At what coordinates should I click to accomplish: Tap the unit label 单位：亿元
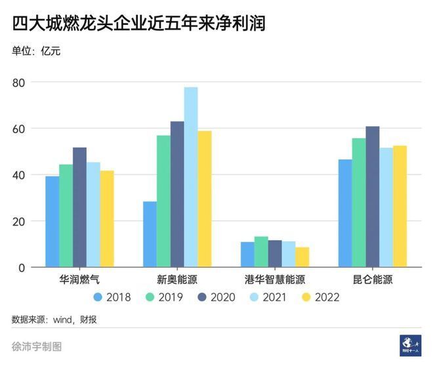(x=36, y=51)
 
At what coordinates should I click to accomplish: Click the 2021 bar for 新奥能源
(x=191, y=177)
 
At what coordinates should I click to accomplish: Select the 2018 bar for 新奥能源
(x=150, y=234)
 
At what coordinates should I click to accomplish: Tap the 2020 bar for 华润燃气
(x=79, y=207)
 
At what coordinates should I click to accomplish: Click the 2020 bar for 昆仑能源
(x=373, y=197)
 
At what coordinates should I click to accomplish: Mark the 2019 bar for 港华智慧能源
(x=261, y=252)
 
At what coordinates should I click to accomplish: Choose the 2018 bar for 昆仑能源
(x=345, y=213)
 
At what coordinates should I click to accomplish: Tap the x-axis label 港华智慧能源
(x=274, y=279)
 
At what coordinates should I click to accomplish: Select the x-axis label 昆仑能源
(x=372, y=279)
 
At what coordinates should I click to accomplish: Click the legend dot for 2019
(x=150, y=297)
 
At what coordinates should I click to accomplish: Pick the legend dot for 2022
(x=305, y=297)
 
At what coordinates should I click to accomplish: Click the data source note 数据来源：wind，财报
(x=58, y=319)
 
